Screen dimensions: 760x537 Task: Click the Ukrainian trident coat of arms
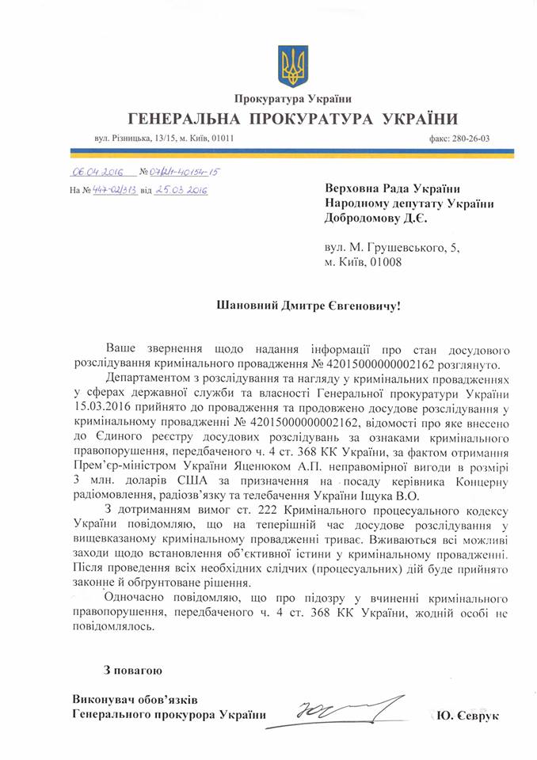pos(292,67)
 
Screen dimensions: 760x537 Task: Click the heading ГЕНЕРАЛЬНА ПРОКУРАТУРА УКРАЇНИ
pos(292,120)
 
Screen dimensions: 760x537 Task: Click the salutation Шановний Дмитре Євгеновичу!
pos(293,305)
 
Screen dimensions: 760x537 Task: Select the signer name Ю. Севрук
pos(469,716)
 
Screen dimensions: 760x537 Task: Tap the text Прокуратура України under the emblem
pos(292,99)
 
